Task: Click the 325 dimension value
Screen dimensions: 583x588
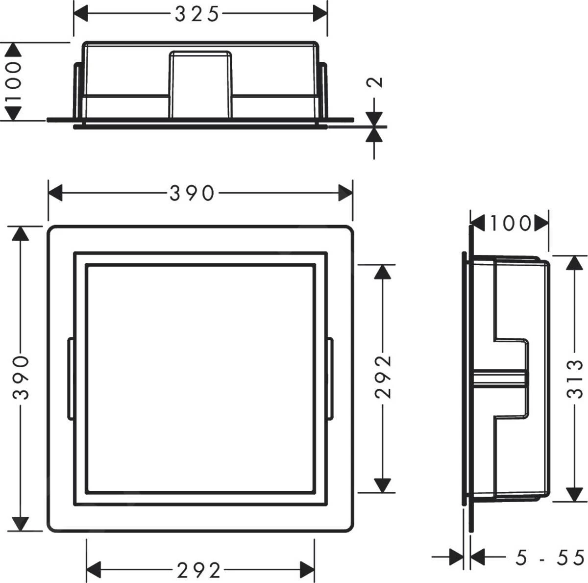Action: (x=196, y=15)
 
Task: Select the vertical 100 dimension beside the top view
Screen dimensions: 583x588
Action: (x=14, y=81)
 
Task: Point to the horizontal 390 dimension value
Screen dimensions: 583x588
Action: (x=192, y=193)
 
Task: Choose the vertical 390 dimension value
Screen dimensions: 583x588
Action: (x=21, y=378)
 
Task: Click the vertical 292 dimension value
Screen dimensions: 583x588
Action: (x=384, y=377)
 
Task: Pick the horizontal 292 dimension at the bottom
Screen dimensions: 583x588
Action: (x=198, y=570)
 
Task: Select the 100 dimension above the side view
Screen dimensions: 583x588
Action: (x=510, y=224)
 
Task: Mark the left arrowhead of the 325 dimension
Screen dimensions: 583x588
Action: (x=81, y=14)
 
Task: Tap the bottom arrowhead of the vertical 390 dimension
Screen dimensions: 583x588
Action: (x=20, y=523)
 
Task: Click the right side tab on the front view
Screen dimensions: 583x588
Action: (x=330, y=379)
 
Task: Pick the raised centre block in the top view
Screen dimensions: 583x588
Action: (x=200, y=83)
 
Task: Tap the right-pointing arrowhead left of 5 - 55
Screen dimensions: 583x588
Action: (x=457, y=557)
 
